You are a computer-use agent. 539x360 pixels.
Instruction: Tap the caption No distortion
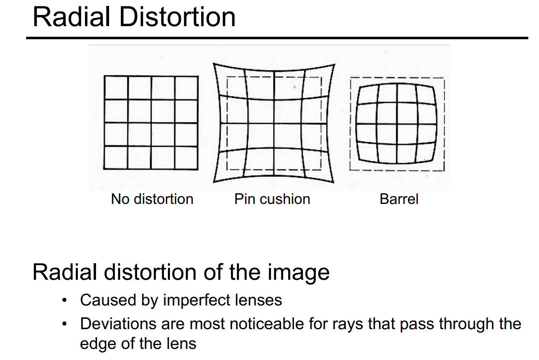point(152,199)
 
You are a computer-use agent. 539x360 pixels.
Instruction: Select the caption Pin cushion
point(272,199)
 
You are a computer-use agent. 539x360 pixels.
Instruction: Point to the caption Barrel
point(399,199)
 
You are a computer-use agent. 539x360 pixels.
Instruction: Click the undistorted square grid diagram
point(151,123)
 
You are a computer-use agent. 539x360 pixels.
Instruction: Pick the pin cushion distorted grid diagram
point(274,123)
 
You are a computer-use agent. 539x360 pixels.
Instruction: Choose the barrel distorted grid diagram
point(397,124)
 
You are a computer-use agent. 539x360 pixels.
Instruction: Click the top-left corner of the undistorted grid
point(104,76)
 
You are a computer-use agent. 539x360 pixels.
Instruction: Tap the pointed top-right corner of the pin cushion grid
point(334,64)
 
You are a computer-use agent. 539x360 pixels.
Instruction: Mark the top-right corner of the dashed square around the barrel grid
point(444,78)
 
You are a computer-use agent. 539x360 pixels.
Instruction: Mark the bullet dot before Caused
point(64,301)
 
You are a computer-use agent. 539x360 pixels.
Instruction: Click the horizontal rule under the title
point(277,38)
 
